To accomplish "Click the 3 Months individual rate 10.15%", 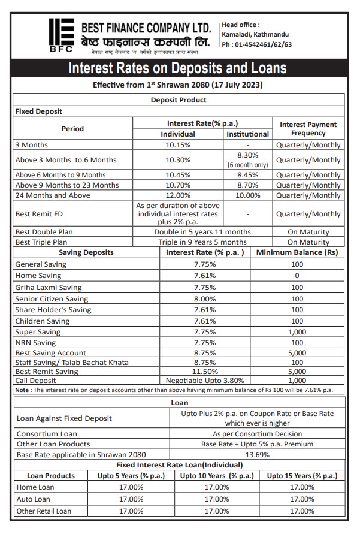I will pyautogui.click(x=177, y=145).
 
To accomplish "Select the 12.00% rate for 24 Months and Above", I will pyautogui.click(x=177, y=195).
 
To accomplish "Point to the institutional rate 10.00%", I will pyautogui.click(x=247, y=195).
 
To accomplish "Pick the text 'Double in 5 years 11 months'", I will pyautogui.click(x=202, y=232).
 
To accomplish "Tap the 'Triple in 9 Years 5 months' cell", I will pyautogui.click(x=202, y=242).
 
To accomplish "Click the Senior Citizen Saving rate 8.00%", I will pyautogui.click(x=204, y=298).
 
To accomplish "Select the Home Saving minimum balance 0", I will pyautogui.click(x=297, y=276).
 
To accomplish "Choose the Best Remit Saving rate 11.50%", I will pyautogui.click(x=204, y=372).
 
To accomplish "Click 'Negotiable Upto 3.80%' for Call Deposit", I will pyautogui.click(x=204, y=381).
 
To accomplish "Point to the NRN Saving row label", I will pyautogui.click(x=36, y=343).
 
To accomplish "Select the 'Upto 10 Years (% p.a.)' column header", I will pyautogui.click(x=216, y=476).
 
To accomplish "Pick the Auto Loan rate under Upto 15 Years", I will pyautogui.click(x=302, y=499).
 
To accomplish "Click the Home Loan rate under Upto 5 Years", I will pyautogui.click(x=131, y=487).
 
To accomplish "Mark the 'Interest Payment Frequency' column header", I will pyautogui.click(x=308, y=129).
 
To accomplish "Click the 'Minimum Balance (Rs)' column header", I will pyautogui.click(x=297, y=252).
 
